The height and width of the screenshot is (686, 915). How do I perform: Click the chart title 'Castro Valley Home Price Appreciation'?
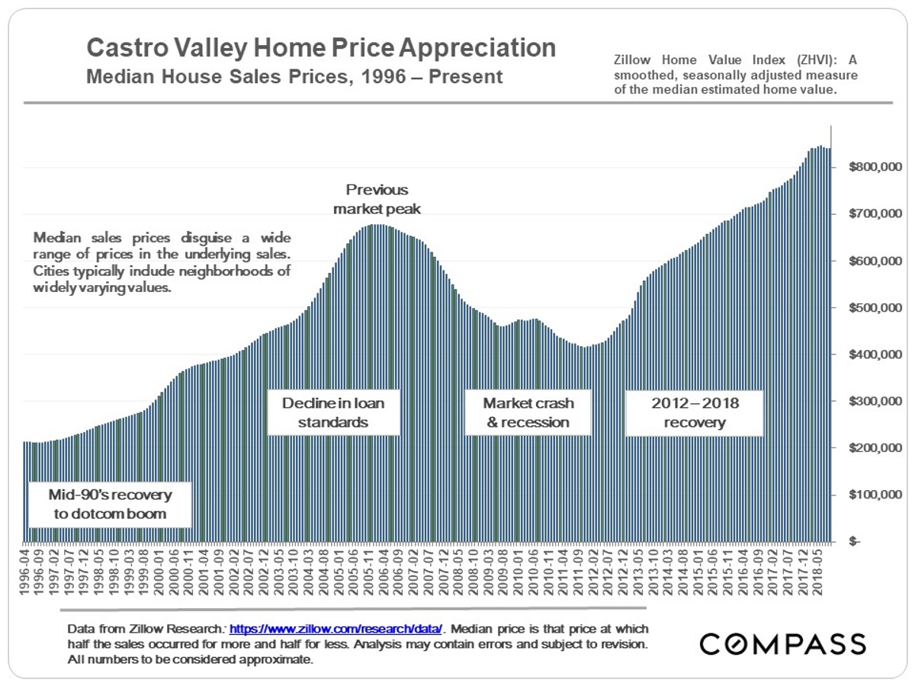pos(321,48)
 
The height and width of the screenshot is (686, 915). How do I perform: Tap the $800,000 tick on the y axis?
pos(875,167)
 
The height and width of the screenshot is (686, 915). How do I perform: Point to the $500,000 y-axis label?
pos(875,307)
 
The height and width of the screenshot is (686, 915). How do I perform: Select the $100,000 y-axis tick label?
pos(875,495)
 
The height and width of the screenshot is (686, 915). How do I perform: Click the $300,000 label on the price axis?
pos(875,401)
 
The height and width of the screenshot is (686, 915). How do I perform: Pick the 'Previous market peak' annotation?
pos(377,198)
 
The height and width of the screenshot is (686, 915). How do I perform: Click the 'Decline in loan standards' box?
pos(333,412)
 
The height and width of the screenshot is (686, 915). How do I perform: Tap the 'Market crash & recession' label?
pos(528,412)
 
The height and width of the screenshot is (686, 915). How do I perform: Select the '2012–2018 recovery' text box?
pos(694,412)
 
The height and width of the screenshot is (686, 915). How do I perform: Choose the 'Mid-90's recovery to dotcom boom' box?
pos(110,504)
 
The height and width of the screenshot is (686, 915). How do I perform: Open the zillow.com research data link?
pos(335,630)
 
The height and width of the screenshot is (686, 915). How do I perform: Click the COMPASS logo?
pos(782,643)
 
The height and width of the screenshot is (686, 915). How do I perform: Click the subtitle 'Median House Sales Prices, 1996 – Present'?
pos(294,77)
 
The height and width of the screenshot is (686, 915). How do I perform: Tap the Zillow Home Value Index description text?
pos(736,74)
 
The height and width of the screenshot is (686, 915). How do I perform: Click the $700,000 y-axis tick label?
pos(875,213)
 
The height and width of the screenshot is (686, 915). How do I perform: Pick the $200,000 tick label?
pos(875,447)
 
